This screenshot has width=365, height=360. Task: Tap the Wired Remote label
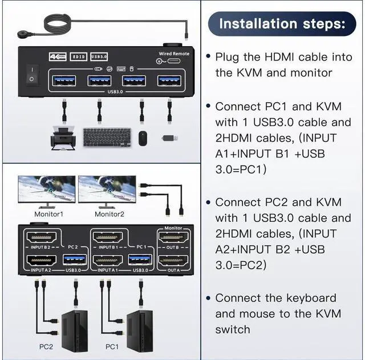click(173, 54)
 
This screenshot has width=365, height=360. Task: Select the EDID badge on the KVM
click(78, 56)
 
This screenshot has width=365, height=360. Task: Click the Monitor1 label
click(48, 214)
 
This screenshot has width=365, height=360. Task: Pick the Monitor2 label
click(109, 214)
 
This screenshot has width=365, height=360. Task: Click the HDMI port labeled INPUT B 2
click(40, 238)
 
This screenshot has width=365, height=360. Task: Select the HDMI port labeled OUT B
click(173, 238)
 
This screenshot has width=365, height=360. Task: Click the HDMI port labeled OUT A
click(173, 261)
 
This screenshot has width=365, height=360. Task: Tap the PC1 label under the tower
click(112, 346)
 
